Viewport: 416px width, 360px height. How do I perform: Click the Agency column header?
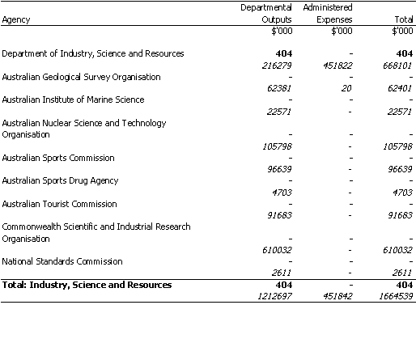pyautogui.click(x=16, y=19)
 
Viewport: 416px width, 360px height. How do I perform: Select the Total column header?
pyautogui.click(x=404, y=19)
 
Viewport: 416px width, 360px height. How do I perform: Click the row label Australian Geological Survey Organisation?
pyautogui.click(x=81, y=77)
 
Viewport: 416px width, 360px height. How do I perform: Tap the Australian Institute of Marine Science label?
pyautogui.click(x=73, y=100)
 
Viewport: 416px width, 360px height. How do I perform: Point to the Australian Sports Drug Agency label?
pyautogui.click(x=60, y=180)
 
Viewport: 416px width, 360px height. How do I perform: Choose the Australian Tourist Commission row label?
pyautogui.click(x=59, y=204)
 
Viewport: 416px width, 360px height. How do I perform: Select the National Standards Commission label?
pyautogui.click(x=62, y=261)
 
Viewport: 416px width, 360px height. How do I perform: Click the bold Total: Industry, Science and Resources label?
pyautogui.click(x=87, y=285)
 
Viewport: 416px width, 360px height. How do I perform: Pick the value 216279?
pyautogui.click(x=277, y=66)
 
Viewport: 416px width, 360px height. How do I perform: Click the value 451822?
pyautogui.click(x=337, y=66)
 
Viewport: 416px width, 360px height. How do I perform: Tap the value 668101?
pyautogui.click(x=397, y=66)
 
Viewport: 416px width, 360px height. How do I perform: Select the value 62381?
pyautogui.click(x=279, y=88)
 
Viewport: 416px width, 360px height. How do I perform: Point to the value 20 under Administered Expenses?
pyautogui.click(x=346, y=88)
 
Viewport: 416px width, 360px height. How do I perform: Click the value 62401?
pyautogui.click(x=400, y=88)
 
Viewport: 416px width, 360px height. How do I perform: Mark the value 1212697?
pyautogui.click(x=274, y=296)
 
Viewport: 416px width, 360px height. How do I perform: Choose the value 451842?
pyautogui.click(x=337, y=296)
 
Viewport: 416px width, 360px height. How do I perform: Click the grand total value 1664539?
pyautogui.click(x=396, y=296)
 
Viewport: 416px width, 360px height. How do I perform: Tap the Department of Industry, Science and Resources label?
pyautogui.click(x=93, y=53)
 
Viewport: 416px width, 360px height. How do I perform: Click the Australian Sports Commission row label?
pyautogui.click(x=58, y=158)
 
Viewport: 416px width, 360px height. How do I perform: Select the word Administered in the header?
pyautogui.click(x=328, y=7)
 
